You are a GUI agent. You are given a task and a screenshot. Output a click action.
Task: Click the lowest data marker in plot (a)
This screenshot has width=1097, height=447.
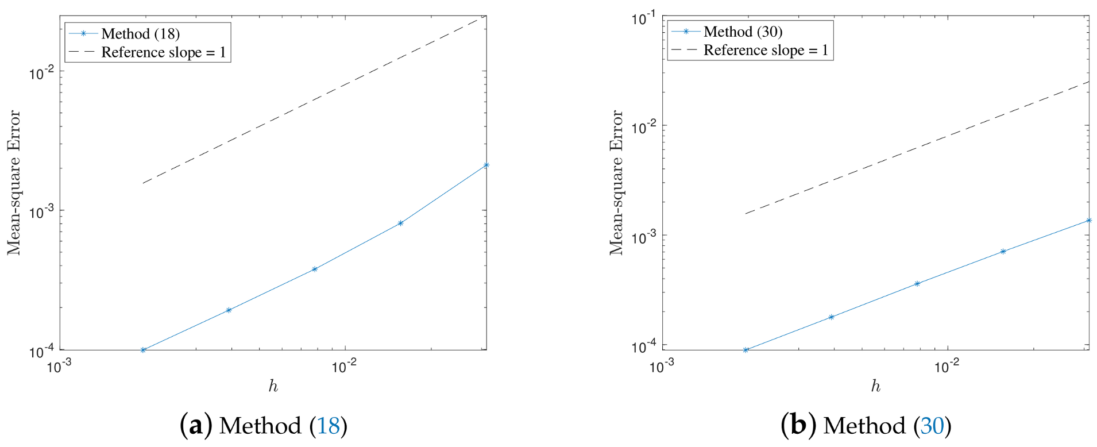(x=143, y=350)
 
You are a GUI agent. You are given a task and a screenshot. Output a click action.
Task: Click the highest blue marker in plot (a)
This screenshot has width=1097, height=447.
(x=486, y=165)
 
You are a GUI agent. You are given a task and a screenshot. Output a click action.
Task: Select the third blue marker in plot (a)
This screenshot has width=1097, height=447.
(x=315, y=269)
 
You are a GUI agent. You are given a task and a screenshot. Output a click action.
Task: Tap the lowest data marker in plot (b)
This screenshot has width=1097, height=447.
(x=746, y=350)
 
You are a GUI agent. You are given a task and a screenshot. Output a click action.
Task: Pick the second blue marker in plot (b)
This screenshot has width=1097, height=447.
(x=831, y=317)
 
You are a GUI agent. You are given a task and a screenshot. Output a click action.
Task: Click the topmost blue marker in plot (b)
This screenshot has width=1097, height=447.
(x=1088, y=220)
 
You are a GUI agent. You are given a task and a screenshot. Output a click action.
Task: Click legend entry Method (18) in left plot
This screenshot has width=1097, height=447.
(x=141, y=34)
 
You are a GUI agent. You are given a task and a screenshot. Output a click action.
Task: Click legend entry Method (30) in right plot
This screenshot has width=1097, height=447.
(x=743, y=32)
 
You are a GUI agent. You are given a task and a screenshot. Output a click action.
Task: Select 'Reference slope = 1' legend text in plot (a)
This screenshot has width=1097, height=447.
(x=163, y=52)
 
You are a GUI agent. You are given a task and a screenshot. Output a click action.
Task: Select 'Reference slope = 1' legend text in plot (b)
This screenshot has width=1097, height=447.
(x=766, y=51)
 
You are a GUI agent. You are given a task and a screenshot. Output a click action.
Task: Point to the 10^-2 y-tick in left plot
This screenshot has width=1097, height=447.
(x=41, y=73)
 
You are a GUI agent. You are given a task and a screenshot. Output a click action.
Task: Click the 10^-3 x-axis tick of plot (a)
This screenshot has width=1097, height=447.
(x=59, y=367)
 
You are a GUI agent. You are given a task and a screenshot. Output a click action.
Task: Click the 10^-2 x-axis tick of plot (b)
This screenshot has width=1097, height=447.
(x=947, y=367)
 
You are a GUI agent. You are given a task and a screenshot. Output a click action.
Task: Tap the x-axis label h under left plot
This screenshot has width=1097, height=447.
(x=273, y=386)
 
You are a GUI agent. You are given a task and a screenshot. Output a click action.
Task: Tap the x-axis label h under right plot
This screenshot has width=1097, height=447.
(x=875, y=386)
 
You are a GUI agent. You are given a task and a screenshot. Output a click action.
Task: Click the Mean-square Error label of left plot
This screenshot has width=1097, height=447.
(x=14, y=183)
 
